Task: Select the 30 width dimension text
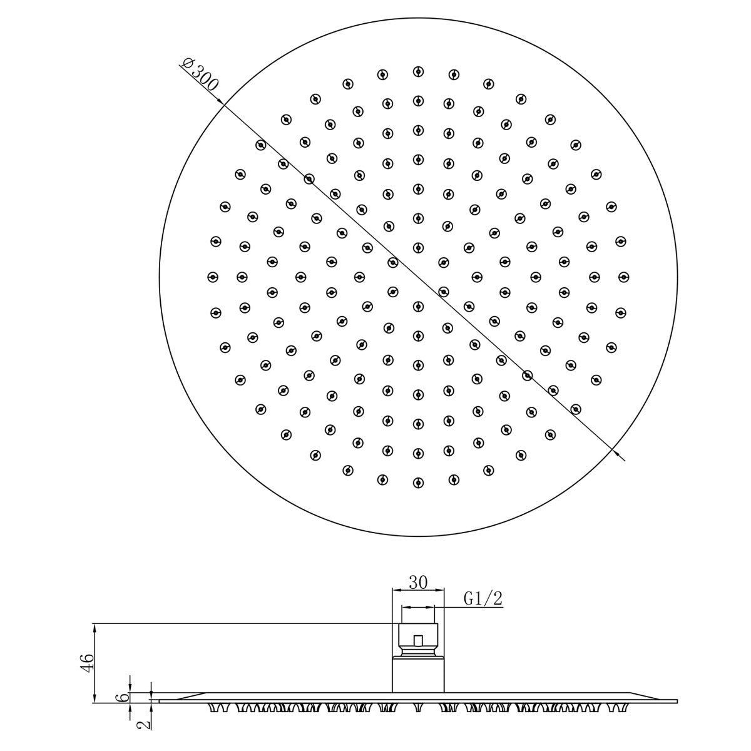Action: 417,582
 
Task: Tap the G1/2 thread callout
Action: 483,599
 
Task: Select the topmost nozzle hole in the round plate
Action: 417,71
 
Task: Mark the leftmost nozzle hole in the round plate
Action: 212,276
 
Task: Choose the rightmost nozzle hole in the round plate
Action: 623,276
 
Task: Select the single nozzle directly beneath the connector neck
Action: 417,707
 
